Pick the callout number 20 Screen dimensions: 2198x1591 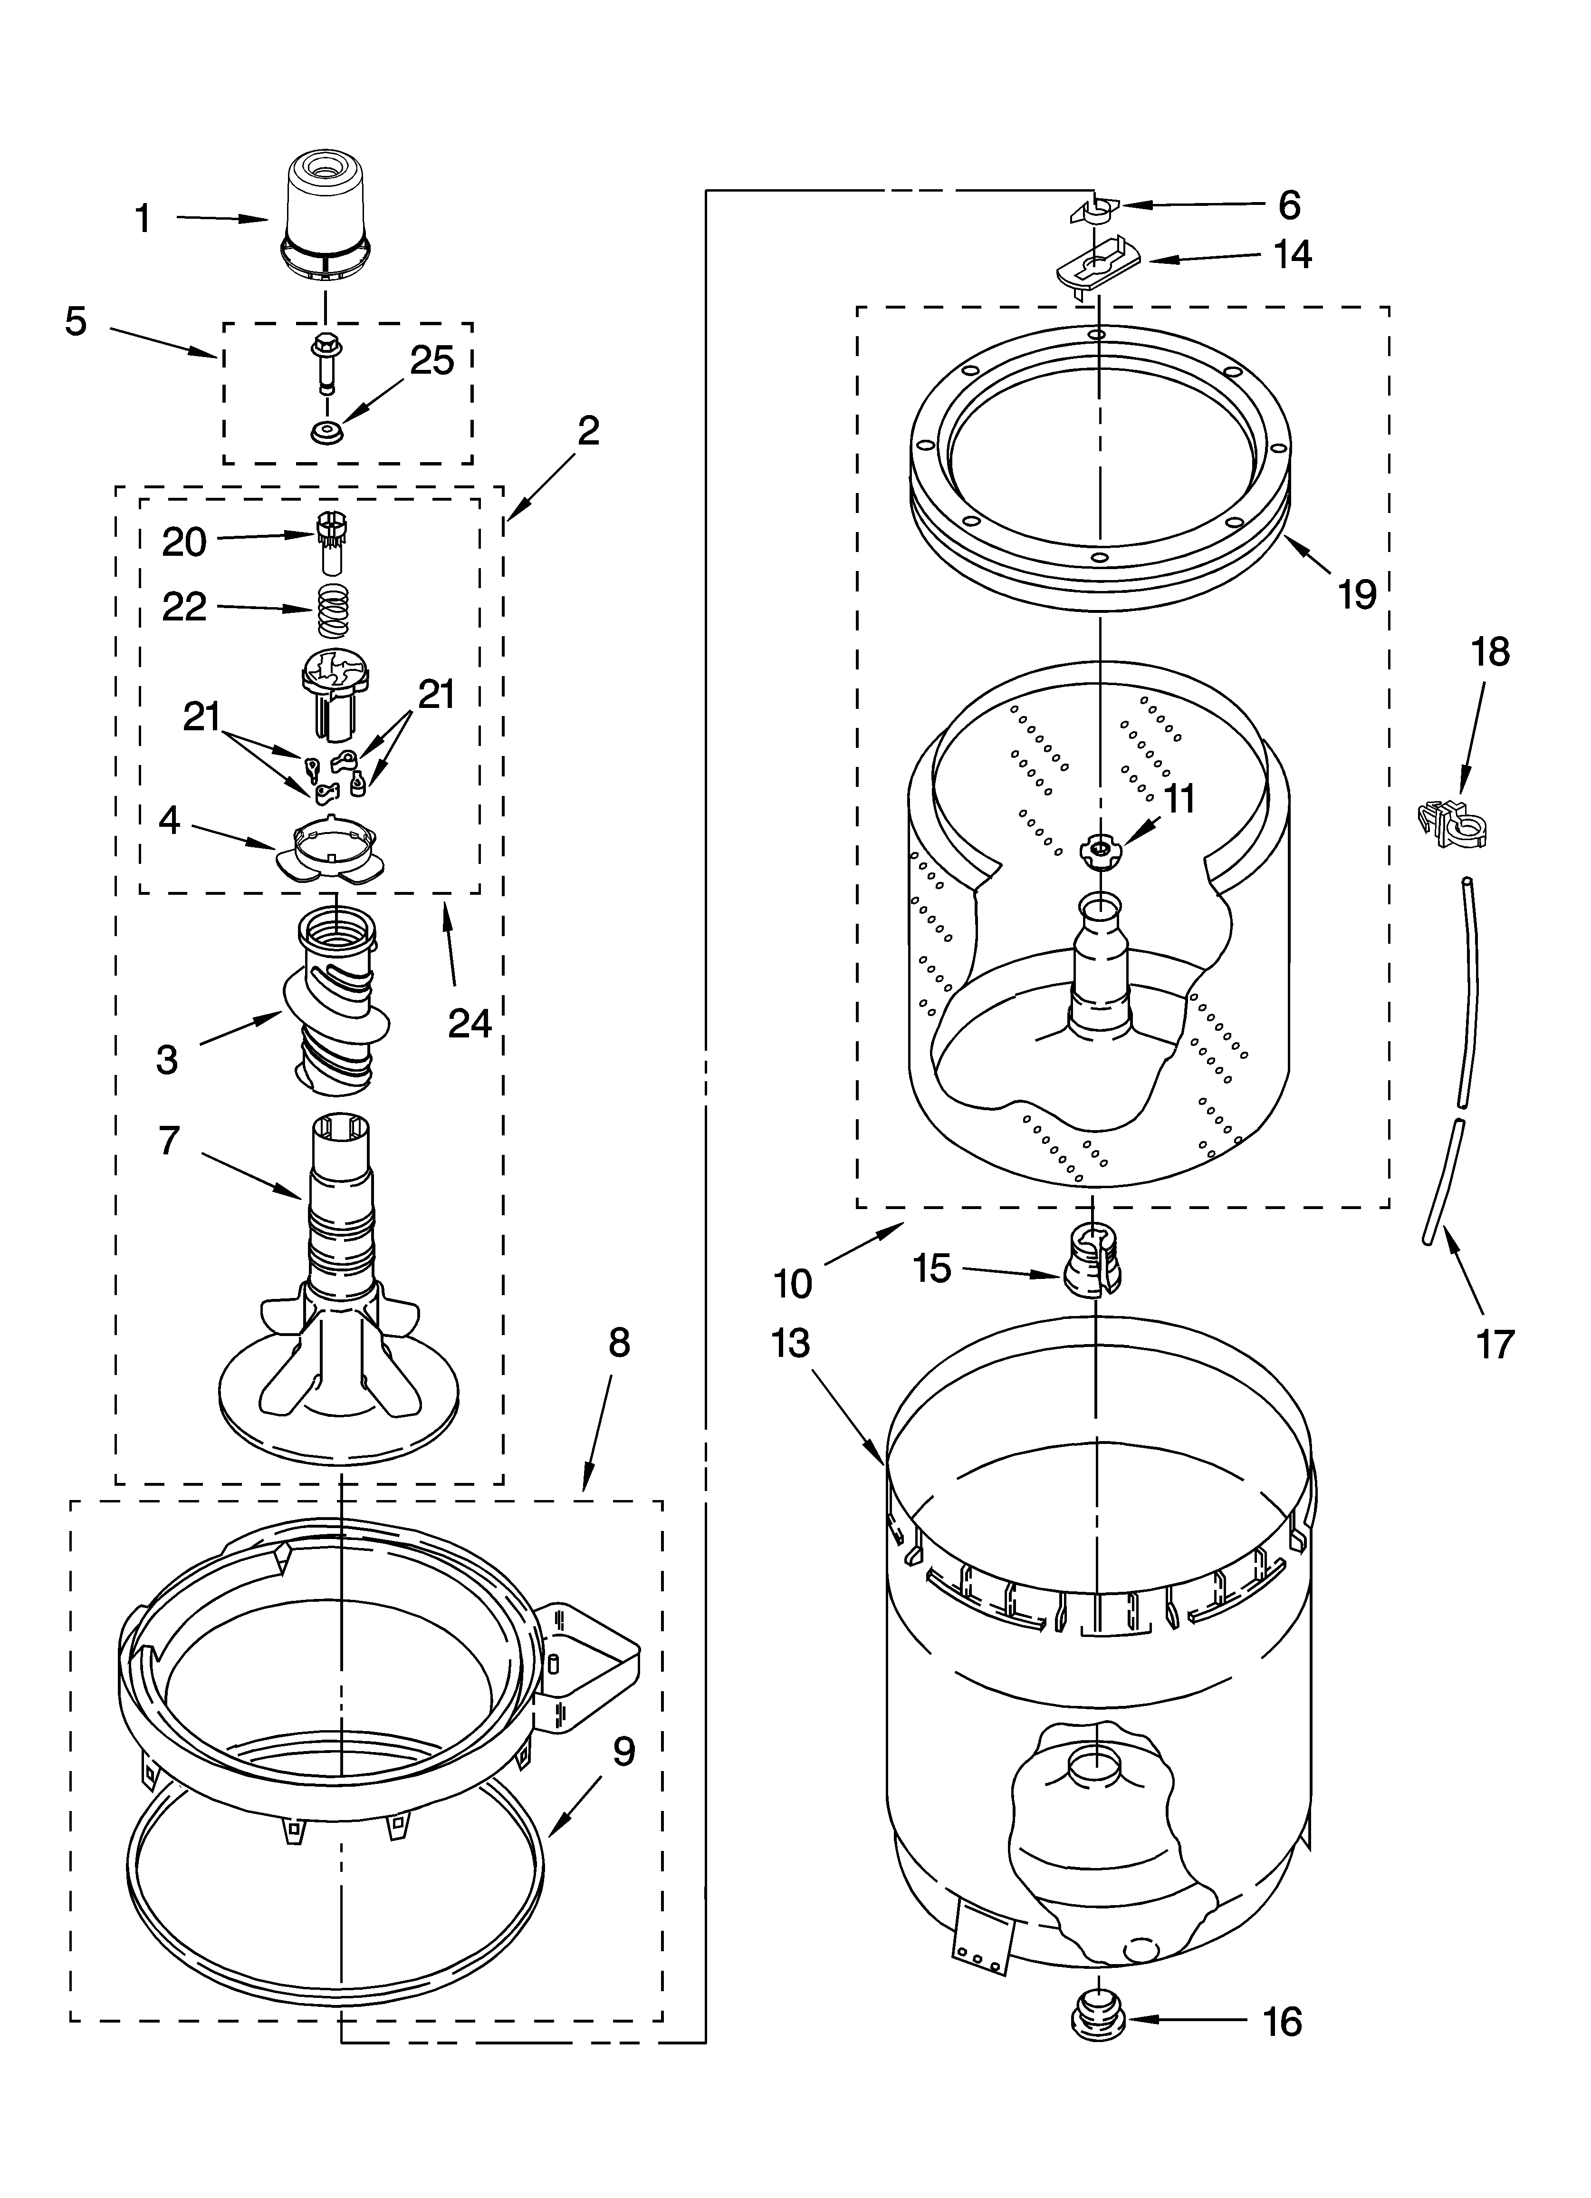click(x=184, y=542)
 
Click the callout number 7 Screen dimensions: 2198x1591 click(x=170, y=1141)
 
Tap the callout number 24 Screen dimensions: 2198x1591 click(x=470, y=1022)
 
